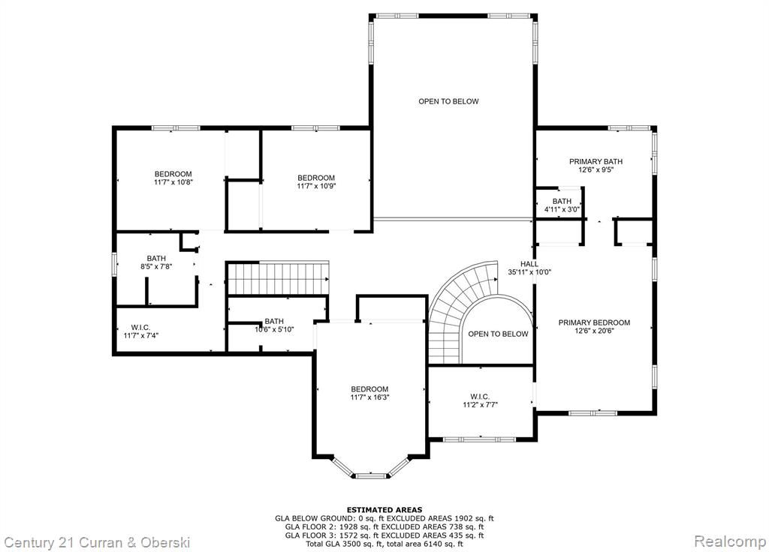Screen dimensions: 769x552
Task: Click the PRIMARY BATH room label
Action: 596,162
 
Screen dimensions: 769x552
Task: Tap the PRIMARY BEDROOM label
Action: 595,322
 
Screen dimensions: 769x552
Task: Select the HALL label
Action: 529,264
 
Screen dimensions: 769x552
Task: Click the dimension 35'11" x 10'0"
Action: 529,271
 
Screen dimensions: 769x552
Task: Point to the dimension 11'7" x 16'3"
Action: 369,397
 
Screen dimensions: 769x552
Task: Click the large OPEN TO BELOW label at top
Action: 448,101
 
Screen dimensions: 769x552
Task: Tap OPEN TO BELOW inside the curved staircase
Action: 498,334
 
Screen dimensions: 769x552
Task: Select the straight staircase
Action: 278,278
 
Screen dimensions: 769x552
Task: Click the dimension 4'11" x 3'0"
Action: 562,209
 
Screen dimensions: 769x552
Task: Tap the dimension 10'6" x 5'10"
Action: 274,330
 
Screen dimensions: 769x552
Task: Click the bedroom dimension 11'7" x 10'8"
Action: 173,182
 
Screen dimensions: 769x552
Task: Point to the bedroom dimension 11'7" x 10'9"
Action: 316,186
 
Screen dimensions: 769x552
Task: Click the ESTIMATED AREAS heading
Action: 384,510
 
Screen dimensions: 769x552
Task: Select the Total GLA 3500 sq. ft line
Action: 384,544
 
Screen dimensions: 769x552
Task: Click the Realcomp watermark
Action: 730,541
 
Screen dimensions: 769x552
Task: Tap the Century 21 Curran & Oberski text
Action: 97,542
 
